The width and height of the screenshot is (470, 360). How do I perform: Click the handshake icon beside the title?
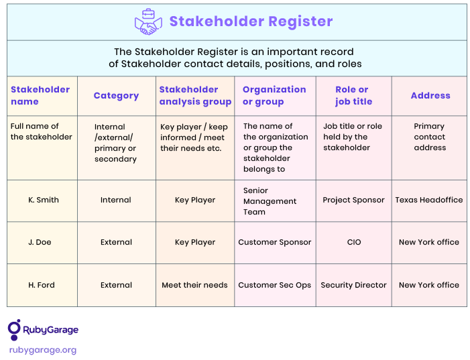148,22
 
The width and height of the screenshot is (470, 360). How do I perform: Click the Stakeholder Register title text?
251,21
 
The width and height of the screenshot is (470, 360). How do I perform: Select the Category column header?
116,96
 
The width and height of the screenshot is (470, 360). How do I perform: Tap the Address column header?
430,95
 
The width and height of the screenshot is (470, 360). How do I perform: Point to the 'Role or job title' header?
354,95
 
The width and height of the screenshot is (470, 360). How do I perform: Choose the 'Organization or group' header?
274,95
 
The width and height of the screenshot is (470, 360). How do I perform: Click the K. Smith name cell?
44,200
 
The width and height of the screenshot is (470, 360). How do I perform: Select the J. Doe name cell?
40,242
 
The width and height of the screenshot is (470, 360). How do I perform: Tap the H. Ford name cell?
42,285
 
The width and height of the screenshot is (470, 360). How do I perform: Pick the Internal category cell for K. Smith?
116,200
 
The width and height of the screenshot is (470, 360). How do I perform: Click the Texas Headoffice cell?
429,200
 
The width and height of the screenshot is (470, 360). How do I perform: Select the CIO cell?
354,242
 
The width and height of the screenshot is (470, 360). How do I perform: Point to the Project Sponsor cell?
353,200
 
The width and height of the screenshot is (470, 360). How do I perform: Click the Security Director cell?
354,285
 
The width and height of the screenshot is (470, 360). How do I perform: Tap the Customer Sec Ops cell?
275,285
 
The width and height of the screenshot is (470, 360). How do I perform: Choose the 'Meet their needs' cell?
195,285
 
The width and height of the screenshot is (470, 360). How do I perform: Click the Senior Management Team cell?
270,201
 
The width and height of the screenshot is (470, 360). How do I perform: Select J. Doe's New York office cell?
429,242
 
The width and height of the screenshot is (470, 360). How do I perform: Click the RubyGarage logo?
43,330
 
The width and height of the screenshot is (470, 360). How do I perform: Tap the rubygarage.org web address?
43,350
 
